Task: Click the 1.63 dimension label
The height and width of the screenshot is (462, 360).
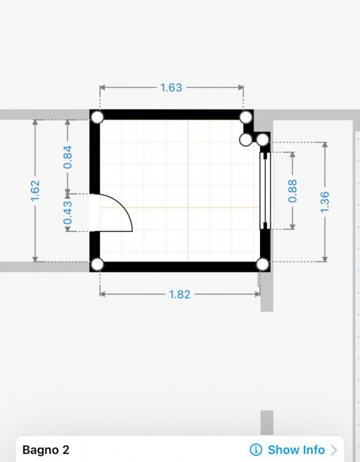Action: pos(171,88)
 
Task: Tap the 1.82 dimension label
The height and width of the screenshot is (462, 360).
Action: pos(180,295)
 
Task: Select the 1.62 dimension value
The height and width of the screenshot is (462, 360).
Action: pos(35,191)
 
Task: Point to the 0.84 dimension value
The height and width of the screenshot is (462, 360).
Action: pos(68,157)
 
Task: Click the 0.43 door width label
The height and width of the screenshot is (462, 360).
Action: pos(68,213)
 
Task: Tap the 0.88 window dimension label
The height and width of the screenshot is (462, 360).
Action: pos(292,191)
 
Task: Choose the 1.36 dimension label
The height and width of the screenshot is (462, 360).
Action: pos(325,202)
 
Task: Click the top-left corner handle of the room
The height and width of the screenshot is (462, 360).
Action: pos(98,117)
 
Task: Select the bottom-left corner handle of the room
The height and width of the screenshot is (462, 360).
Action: pos(98,264)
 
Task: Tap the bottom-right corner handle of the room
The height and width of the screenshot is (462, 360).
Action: pos(262,264)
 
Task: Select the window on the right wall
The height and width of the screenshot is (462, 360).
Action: pos(265,191)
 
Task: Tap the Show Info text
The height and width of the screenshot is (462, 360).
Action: pos(296,450)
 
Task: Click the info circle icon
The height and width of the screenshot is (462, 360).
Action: pos(256,450)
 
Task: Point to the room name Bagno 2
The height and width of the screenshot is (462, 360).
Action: pos(46,450)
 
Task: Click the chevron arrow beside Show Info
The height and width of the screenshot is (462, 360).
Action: pos(334,450)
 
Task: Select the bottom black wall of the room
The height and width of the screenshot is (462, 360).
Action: pos(180,267)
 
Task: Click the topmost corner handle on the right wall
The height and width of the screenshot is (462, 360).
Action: pos(246,117)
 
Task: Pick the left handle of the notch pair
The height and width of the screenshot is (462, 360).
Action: pos(245,140)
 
